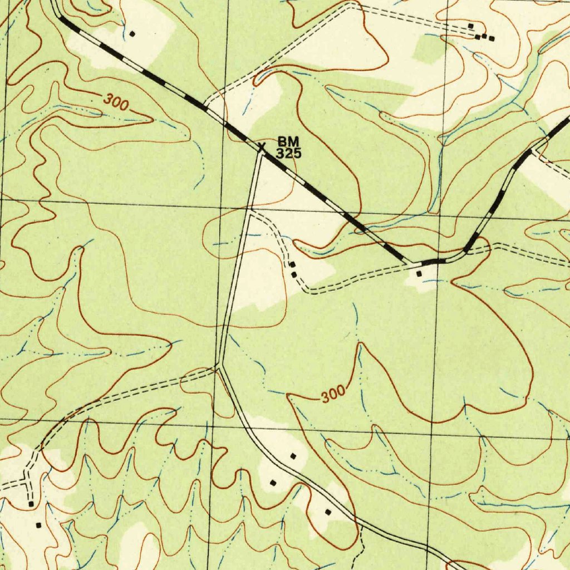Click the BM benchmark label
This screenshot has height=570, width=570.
[288, 143]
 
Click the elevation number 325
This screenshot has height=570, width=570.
[289, 154]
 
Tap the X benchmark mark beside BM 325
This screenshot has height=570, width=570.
[261, 148]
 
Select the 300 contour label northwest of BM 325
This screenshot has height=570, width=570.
[116, 102]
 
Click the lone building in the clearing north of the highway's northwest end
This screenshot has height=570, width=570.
[132, 33]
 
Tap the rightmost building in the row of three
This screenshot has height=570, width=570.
[491, 38]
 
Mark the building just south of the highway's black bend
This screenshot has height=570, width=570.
[419, 273]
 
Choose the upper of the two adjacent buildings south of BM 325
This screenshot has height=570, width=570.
[291, 265]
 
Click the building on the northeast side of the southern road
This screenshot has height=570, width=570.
[293, 456]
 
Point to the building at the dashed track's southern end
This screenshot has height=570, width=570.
[31, 504]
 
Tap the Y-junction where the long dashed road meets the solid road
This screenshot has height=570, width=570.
[220, 366]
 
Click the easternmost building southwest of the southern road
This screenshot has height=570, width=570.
[328, 512]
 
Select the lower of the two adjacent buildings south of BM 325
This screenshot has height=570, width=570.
[293, 274]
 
